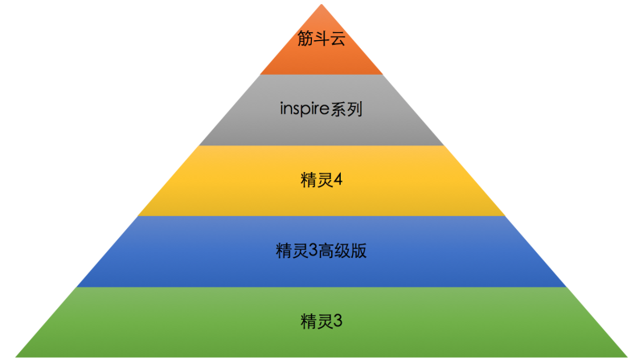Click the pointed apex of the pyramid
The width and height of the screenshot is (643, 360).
coord(321,6)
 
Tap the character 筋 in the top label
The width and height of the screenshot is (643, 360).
coord(305,39)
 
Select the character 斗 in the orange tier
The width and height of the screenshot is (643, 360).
coord(321,39)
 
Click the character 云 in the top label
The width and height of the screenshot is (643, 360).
coord(338,39)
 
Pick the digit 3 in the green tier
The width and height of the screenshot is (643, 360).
coord(338,321)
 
